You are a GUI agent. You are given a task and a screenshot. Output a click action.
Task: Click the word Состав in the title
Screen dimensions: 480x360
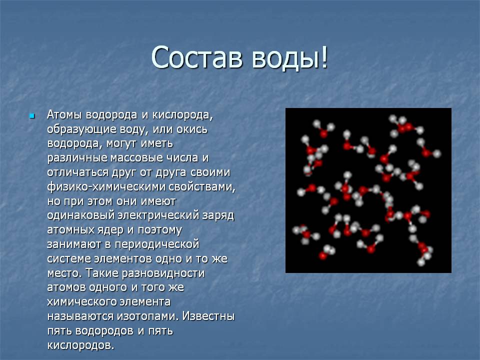(197, 57)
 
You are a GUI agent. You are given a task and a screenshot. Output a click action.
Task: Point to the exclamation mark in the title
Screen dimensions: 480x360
(324, 57)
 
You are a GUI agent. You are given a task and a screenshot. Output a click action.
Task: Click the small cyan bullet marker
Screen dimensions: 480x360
(32, 116)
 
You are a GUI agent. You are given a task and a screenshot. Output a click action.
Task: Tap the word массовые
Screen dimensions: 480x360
(137, 158)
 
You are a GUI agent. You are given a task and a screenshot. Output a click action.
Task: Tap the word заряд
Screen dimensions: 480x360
(218, 216)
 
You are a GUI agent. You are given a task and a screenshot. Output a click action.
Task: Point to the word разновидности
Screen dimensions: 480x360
(163, 273)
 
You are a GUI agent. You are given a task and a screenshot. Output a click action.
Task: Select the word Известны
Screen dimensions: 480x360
(208, 316)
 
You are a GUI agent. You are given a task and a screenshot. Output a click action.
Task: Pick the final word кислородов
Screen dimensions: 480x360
(80, 345)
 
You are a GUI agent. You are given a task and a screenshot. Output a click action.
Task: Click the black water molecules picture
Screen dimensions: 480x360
(368, 190)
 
